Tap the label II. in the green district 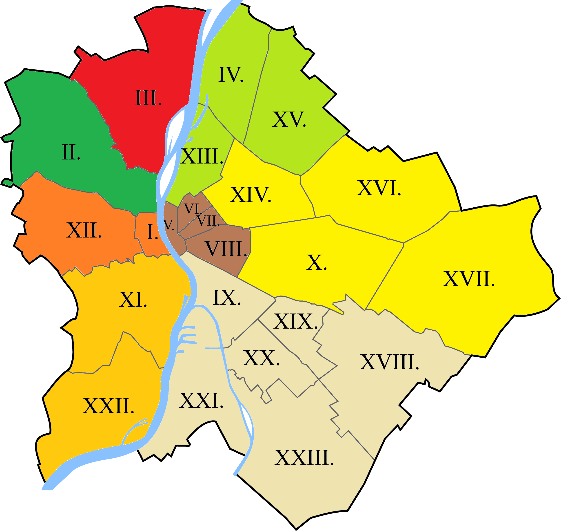[71, 152]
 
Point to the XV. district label [289, 119]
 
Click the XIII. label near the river [202, 156]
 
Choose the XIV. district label [250, 195]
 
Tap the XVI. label [379, 188]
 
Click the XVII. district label [469, 279]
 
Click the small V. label [169, 225]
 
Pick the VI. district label [193, 209]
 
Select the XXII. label [108, 406]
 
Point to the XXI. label [201, 401]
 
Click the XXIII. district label [304, 457]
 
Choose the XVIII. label [389, 362]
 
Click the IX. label [227, 298]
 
